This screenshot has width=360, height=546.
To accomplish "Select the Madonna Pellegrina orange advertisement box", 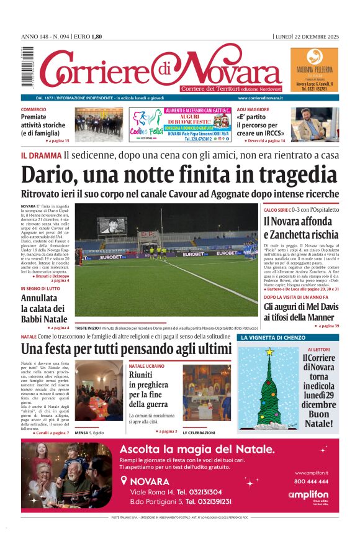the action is point(314,70).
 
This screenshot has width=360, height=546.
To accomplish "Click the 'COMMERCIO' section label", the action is point(34,110).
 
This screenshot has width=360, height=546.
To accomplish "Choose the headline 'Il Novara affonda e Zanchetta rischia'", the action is point(300,227).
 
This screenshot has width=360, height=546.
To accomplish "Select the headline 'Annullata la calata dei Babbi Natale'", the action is point(43,308).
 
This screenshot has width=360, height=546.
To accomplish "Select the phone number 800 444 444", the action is point(312,481).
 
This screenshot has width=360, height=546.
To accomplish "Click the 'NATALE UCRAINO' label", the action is point(146,366).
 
